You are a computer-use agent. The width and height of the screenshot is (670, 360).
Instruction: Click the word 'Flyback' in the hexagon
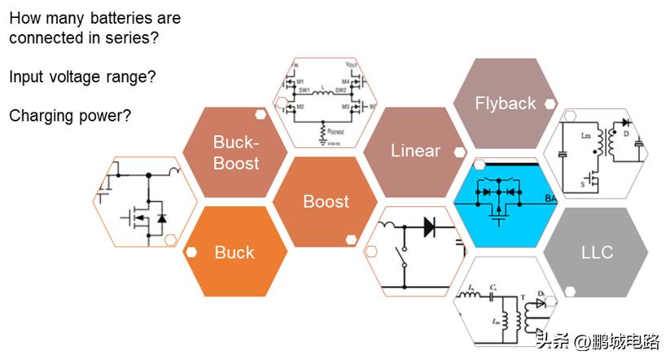506,103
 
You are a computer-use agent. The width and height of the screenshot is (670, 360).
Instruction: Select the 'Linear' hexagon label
415,151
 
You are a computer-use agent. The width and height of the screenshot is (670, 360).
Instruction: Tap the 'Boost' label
326,201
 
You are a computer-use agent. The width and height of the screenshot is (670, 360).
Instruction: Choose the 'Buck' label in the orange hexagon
234,252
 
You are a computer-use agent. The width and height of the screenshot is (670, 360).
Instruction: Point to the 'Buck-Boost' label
235,152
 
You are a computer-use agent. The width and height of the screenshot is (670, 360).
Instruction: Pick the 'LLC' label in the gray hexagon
597,252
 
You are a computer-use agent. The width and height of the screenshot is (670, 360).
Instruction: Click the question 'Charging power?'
70,116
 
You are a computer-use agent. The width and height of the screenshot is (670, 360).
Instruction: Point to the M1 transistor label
300,81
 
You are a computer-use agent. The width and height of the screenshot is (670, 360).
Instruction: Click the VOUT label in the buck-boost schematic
352,64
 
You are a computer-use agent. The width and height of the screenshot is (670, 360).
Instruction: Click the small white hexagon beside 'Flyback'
550,103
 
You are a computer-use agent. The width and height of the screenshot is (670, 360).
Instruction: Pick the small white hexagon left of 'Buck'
190,252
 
